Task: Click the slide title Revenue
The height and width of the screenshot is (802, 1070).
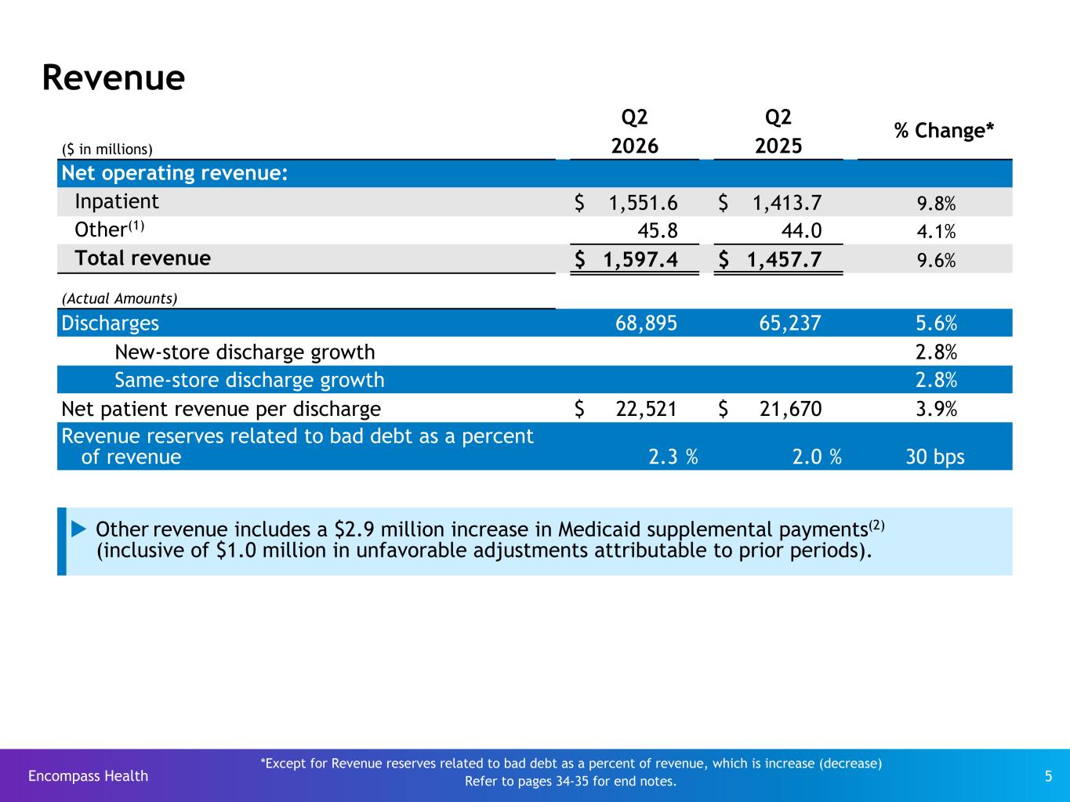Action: [114, 78]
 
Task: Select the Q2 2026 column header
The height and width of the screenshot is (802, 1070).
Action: [634, 132]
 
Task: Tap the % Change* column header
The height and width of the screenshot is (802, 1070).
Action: [944, 131]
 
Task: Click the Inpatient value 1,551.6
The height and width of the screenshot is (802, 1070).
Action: [643, 203]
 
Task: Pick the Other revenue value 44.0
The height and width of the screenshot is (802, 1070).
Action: [801, 230]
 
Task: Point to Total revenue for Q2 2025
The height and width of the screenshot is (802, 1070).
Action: [784, 259]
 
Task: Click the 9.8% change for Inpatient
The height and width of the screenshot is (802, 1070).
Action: [936, 203]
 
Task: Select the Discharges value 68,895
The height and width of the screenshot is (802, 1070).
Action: [646, 323]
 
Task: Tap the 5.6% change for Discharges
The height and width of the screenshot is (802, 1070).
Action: [936, 323]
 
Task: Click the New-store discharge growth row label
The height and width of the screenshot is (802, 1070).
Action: [245, 352]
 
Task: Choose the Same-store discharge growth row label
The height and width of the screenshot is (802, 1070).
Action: [249, 380]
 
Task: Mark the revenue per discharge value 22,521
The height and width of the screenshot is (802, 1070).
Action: [646, 409]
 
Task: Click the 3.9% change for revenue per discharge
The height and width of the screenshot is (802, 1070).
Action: [936, 409]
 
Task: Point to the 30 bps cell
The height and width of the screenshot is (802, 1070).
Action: [935, 457]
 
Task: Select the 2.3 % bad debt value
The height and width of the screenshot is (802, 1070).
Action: [673, 457]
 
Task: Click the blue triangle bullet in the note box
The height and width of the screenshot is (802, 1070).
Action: [78, 529]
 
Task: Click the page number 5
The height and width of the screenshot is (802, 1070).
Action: [1048, 776]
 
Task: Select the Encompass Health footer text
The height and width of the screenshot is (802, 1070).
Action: [89, 775]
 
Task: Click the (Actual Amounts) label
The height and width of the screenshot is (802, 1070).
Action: [119, 298]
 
